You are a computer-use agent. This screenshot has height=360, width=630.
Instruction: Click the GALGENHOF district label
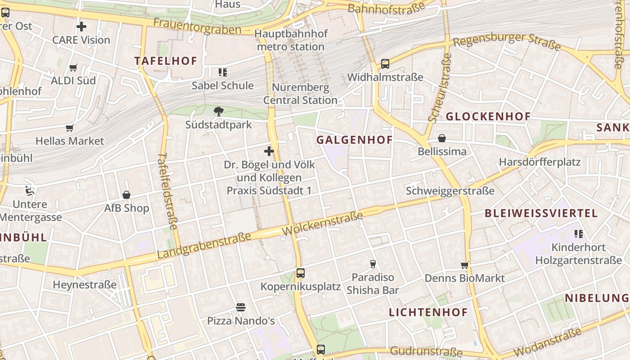355,140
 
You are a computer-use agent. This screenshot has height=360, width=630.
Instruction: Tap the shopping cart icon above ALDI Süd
73,68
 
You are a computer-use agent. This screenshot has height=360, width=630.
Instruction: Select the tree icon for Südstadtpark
219,111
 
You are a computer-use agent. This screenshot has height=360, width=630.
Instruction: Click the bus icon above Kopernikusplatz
301,273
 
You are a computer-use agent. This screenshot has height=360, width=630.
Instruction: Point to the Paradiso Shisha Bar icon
373,264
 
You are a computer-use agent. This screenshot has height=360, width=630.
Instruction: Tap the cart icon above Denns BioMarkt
465,265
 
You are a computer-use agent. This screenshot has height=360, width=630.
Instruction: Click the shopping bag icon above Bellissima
442,138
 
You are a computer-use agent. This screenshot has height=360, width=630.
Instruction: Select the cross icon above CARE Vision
81,27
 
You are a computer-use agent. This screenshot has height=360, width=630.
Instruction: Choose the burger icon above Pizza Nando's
241,307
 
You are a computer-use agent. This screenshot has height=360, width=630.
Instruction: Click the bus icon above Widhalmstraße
385,64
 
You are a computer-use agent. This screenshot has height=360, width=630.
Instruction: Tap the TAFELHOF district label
166,61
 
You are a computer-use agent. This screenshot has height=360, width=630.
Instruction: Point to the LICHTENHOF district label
428,312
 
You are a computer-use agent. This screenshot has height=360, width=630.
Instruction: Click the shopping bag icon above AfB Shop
126,195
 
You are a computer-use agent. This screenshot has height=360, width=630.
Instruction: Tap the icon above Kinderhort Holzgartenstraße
579,234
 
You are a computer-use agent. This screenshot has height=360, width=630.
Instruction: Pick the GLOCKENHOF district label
488,117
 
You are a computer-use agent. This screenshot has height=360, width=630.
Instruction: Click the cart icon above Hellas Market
70,128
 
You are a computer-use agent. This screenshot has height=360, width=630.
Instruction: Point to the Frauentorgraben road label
197,26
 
